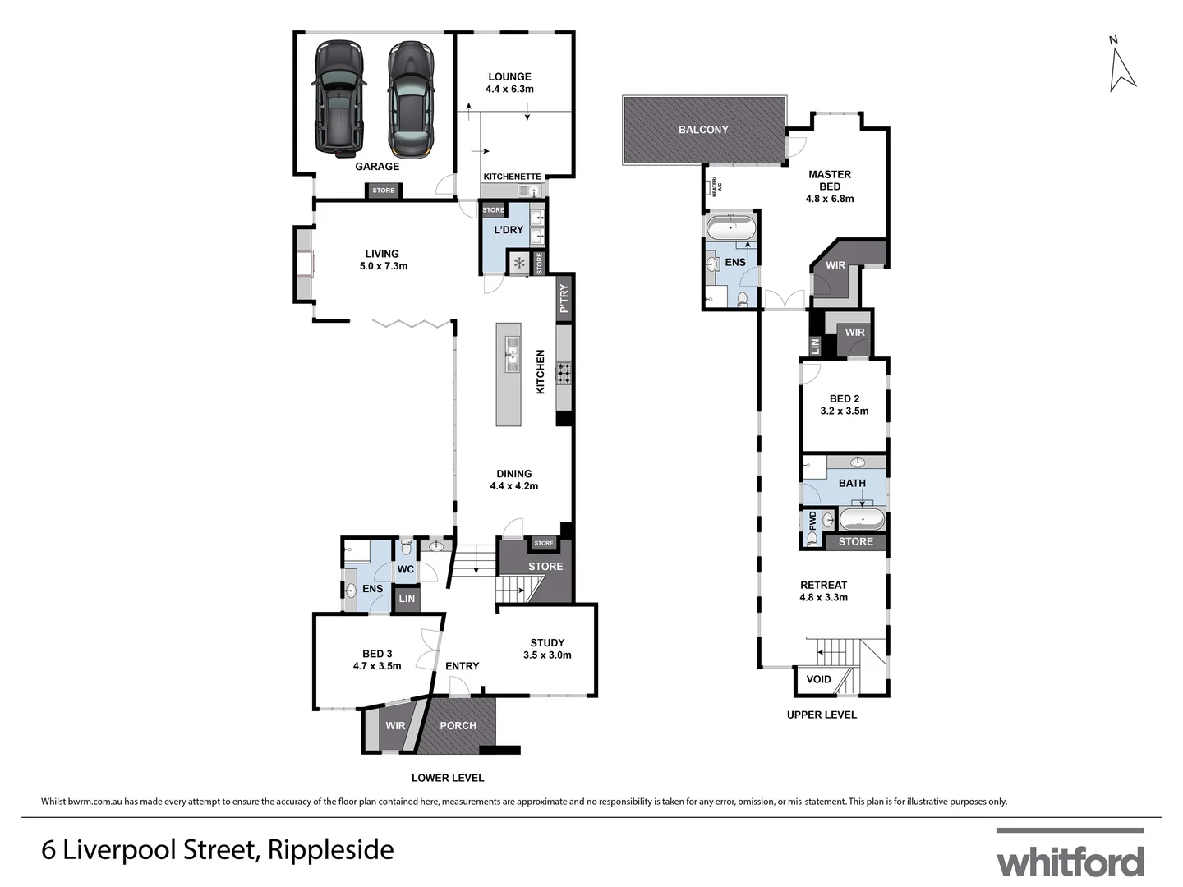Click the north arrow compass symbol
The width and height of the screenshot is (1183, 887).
[x=1121, y=67]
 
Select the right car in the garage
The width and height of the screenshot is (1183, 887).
[x=409, y=99]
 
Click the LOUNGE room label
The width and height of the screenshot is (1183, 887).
[x=509, y=76]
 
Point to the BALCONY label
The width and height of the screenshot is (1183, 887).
[x=703, y=130]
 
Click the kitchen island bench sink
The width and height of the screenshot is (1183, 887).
[x=512, y=355]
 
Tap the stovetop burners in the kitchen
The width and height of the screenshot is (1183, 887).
[x=564, y=373]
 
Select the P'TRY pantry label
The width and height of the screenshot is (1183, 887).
[x=564, y=297]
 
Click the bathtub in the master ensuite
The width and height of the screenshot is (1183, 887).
[x=730, y=227]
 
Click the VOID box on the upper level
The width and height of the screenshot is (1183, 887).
[x=818, y=679]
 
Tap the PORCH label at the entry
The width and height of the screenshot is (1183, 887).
[x=458, y=725]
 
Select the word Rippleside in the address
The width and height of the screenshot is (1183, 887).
[x=331, y=849]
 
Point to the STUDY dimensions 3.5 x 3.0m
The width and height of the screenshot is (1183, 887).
[x=547, y=655]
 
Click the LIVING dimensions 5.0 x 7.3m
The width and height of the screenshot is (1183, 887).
[x=383, y=266]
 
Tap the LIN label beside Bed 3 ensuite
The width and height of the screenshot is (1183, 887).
[x=407, y=599]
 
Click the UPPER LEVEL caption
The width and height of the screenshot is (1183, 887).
[x=822, y=715]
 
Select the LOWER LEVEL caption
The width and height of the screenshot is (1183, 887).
[x=448, y=778]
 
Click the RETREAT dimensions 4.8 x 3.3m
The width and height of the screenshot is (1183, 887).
[x=823, y=597]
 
